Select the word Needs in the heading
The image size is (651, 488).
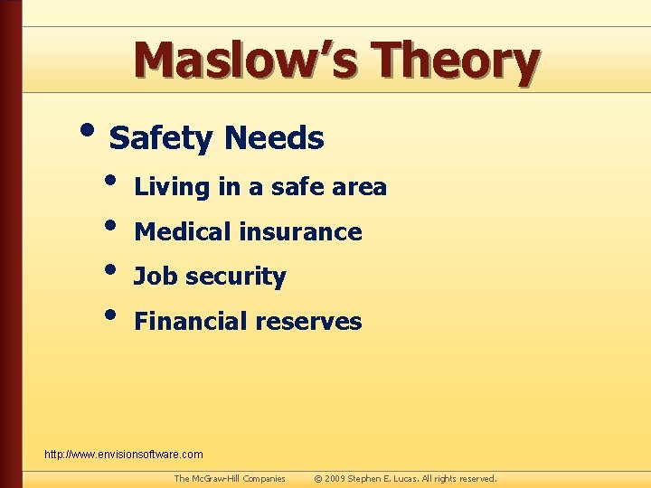[274, 138]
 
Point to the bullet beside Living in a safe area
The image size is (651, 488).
[110, 180]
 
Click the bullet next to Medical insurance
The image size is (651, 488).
[110, 225]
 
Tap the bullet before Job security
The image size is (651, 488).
[110, 269]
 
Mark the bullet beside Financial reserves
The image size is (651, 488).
[110, 314]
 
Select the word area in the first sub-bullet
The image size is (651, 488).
[359, 187]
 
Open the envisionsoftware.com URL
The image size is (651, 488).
[124, 454]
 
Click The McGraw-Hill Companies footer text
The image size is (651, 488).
[230, 478]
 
